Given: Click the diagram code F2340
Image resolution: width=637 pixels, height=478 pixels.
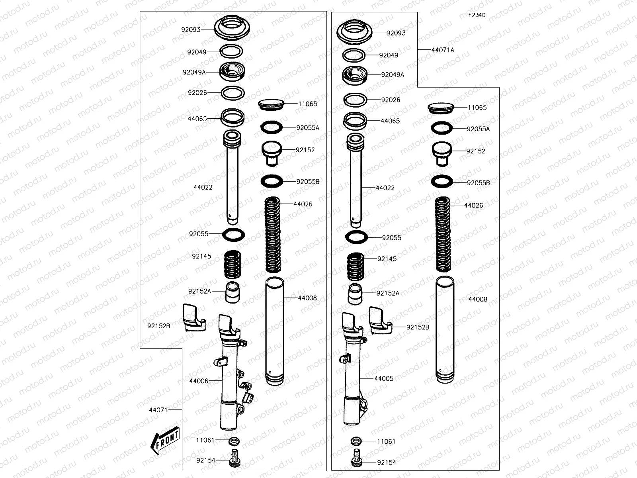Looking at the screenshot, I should click(x=477, y=15).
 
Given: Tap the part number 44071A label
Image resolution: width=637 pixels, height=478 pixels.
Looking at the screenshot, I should click(x=443, y=50).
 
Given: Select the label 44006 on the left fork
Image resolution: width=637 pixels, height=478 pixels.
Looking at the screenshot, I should click(x=199, y=381).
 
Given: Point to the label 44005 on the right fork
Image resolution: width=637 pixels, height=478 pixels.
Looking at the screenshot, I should click(x=384, y=378).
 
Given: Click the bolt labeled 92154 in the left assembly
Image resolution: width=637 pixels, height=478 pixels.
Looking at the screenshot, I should click(x=234, y=459).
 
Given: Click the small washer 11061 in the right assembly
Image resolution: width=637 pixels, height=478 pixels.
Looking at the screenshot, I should click(x=356, y=441).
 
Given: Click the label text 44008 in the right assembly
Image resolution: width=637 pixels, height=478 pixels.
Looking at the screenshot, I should click(x=477, y=299).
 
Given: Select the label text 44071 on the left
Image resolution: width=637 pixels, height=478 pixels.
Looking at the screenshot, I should click(x=158, y=410).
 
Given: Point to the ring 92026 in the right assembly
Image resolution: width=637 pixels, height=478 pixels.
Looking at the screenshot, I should click(x=355, y=100).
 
